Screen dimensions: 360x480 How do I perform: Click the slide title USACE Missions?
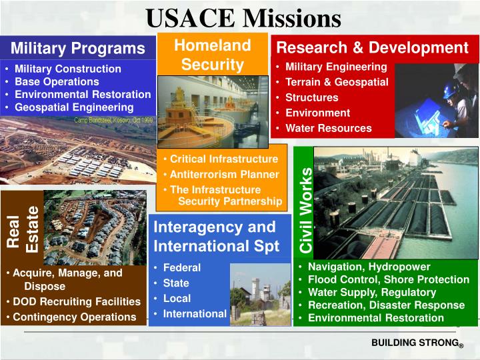243,17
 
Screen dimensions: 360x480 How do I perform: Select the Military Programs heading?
77,48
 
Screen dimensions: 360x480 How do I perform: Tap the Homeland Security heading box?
212,55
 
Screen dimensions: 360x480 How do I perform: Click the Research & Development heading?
372,47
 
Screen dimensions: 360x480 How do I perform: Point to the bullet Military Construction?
67,69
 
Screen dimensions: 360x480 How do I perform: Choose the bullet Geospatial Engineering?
74,107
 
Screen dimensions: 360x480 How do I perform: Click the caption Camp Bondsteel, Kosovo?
113,120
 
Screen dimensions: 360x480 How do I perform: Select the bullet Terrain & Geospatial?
337,82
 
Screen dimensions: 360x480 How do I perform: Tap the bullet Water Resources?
328,128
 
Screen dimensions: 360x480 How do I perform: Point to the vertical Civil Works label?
306,210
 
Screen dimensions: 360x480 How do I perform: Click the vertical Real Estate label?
22,228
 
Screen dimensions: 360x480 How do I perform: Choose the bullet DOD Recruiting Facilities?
77,301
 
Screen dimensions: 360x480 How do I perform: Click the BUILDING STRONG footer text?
416,343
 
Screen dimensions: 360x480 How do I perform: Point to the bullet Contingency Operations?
74,317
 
